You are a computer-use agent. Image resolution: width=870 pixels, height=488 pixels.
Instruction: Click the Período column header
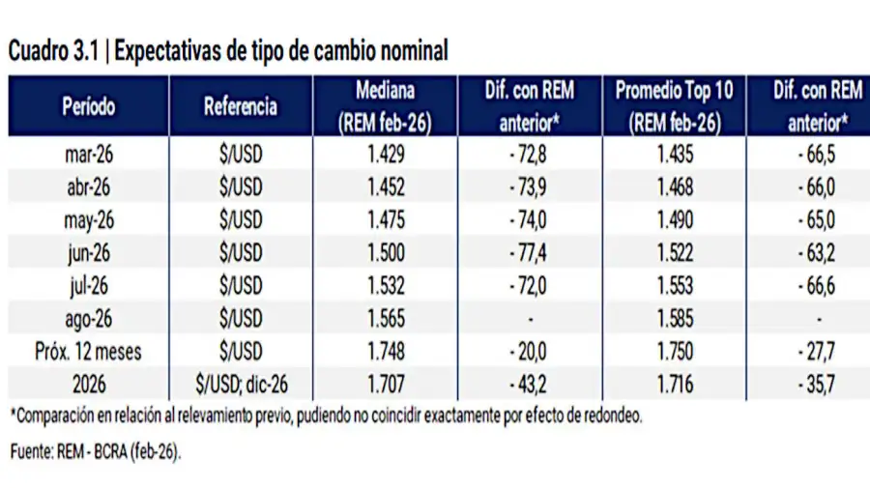point(89,107)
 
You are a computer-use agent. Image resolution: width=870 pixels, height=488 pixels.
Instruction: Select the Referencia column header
point(241,107)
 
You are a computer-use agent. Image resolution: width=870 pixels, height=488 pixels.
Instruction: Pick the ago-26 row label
point(89,318)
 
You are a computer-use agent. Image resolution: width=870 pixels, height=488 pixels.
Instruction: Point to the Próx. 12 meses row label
point(89,351)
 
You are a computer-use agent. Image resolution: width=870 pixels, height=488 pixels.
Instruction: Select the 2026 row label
point(89,384)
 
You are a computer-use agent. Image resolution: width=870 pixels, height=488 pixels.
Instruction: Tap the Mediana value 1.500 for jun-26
point(385,252)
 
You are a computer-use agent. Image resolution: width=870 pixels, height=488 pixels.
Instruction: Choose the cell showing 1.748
point(385,351)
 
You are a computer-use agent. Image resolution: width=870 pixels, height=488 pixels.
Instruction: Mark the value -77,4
point(529,252)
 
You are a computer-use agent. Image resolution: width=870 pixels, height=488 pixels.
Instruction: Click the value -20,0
point(529,351)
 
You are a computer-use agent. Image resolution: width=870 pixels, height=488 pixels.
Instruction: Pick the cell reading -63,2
point(818,252)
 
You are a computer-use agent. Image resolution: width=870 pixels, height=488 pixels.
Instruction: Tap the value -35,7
point(818,384)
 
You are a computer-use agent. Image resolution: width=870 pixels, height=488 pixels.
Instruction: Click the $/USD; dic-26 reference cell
point(241,384)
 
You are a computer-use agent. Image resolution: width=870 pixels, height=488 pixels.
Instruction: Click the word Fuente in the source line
point(33,452)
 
